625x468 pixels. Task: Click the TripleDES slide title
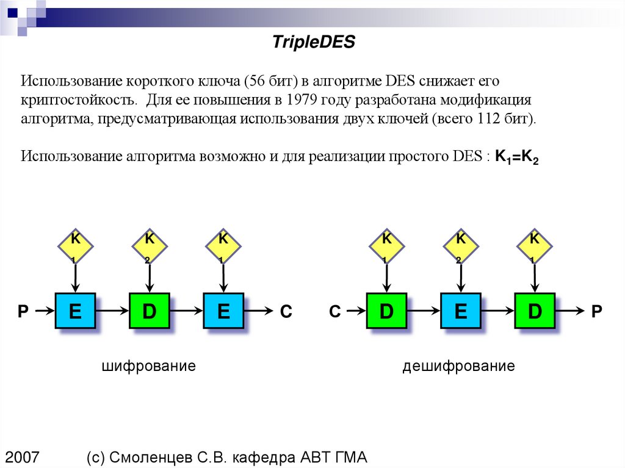coord(312,42)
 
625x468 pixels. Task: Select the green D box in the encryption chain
coord(150,311)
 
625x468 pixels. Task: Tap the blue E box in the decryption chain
coord(460,311)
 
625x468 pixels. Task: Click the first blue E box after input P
coord(75,311)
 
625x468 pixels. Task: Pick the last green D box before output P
coord(535,311)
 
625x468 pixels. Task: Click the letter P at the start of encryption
coord(23,312)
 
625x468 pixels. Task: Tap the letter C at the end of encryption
coord(286,312)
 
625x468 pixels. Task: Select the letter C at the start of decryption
coord(334,312)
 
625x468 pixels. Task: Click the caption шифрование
coord(149,366)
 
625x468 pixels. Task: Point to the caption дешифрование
coord(458,366)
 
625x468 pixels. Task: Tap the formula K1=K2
coord(516,156)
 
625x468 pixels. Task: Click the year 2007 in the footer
coord(23,457)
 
